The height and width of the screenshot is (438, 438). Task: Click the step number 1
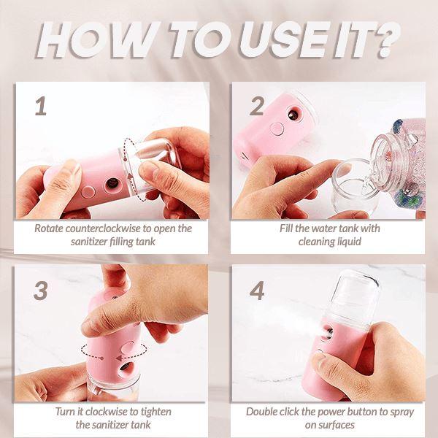[41, 106]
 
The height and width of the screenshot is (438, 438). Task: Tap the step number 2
[257, 106]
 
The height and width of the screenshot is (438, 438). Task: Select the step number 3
[40, 291]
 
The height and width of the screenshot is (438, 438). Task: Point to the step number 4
[257, 291]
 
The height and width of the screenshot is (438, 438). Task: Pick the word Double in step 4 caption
[261, 412]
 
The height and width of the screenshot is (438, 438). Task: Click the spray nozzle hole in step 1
[112, 183]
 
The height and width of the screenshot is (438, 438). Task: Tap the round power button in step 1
[88, 193]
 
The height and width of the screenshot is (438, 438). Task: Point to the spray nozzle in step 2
[293, 115]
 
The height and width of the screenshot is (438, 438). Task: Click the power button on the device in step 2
[277, 129]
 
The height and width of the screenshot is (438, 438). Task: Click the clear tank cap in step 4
[351, 296]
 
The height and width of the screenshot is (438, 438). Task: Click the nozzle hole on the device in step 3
[125, 366]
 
